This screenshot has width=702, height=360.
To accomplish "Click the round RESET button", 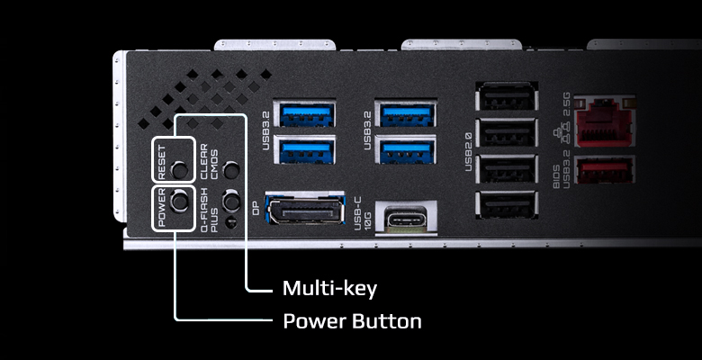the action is pos(179,170).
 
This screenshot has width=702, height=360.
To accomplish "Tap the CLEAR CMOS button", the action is pos(231,170).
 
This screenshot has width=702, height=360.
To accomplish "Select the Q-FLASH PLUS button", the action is pos(231,200).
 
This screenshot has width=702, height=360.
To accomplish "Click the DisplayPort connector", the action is pos(305,208).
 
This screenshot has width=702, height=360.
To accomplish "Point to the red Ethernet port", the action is pos(605,121).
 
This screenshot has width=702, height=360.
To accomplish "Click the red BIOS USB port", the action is pos(605,170).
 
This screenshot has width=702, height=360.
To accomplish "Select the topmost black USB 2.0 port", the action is pos(507,95).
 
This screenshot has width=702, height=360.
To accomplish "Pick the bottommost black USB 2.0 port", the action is pos(507,205).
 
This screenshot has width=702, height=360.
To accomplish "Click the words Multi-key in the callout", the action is pos(329,289).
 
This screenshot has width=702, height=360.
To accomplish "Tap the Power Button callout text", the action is pos(352,321).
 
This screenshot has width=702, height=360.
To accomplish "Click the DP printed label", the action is pos(256,208).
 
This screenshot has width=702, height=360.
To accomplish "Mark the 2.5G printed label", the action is pos(566,104).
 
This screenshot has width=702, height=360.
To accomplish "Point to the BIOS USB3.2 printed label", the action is pos(562,172).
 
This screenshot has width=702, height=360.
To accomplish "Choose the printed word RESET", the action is pos(162,162).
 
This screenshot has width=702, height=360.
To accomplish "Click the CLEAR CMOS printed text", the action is pos(209,162).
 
